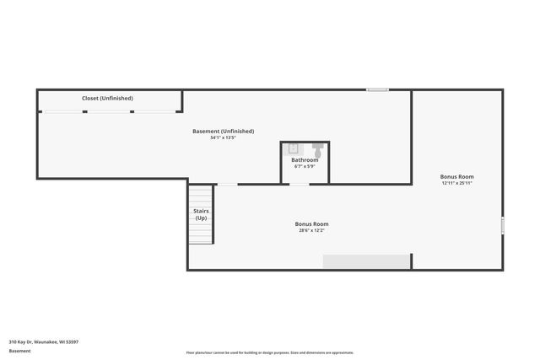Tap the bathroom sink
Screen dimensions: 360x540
293,148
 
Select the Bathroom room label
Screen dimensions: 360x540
305,160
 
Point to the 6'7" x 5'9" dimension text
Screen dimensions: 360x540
305,166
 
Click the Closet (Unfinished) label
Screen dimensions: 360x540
107,99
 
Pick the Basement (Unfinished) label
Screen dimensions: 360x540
224,132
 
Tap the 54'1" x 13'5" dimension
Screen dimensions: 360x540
224,137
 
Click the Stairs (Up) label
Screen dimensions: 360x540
201,214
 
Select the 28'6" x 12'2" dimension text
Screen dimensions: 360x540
311,230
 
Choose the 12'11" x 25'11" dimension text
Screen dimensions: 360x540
456,183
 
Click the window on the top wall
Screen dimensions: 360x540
377,89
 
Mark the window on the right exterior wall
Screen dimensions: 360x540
502,226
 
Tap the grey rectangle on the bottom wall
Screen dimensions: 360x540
366,261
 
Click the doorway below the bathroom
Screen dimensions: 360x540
299,184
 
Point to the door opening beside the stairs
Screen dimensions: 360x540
227,184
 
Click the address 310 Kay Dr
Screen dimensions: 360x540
43,341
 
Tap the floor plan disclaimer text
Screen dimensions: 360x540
269,352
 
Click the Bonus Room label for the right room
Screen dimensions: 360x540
456,177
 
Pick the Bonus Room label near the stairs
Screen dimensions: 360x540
311,224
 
